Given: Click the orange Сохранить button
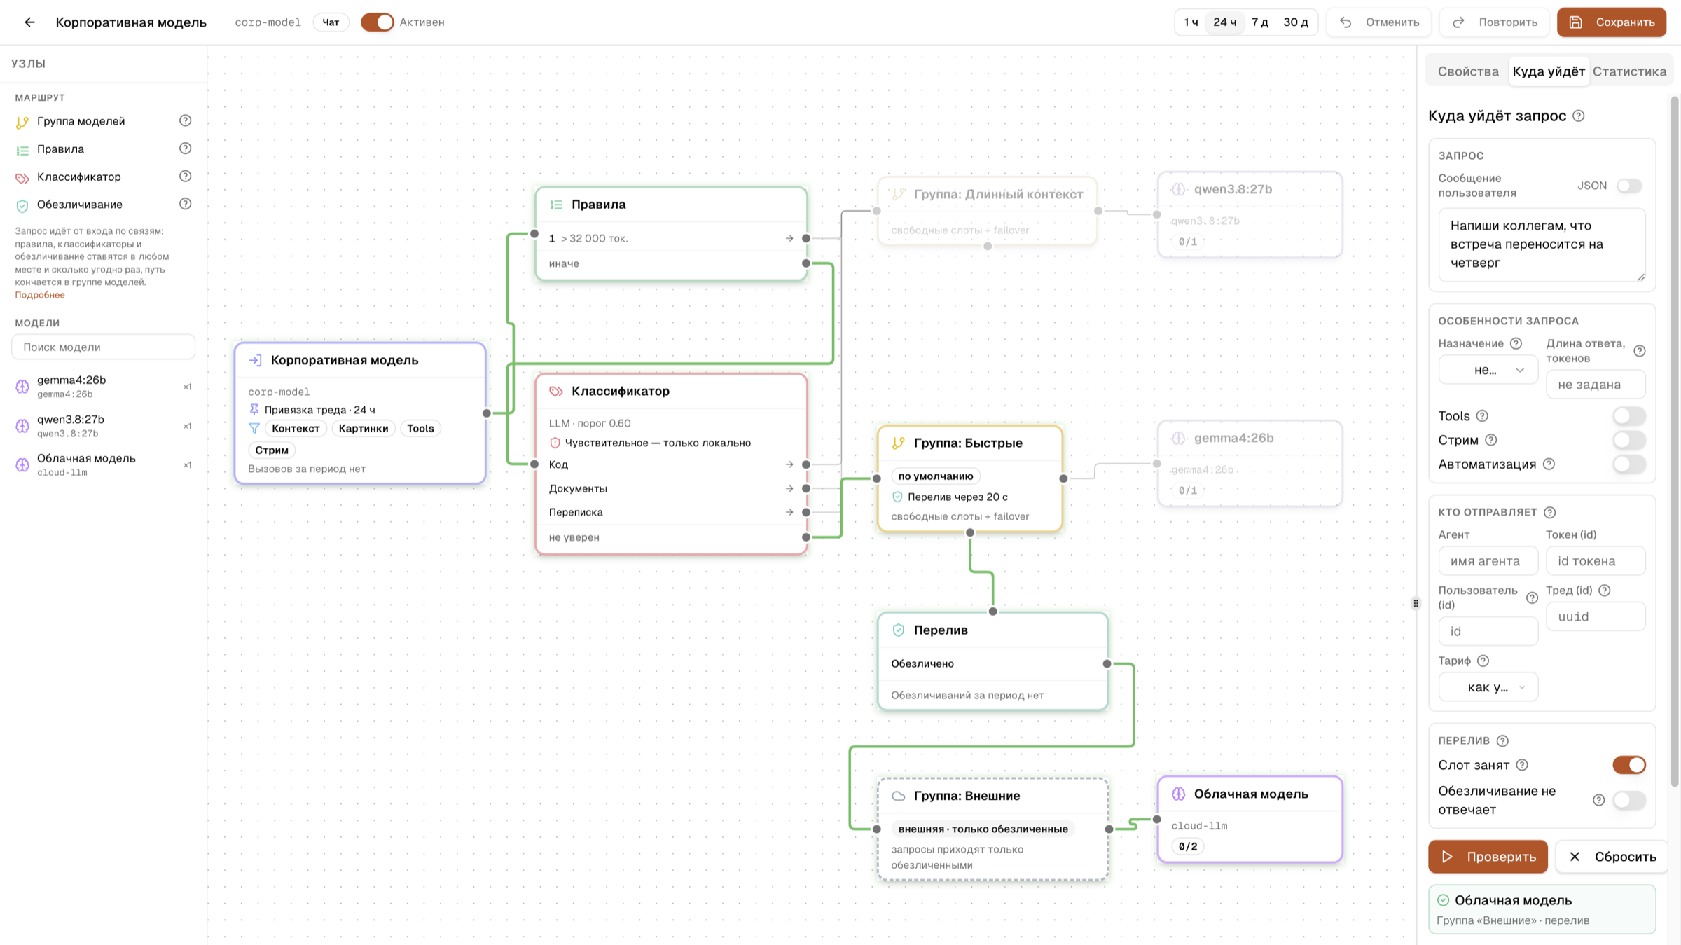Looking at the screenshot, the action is point(1611,22).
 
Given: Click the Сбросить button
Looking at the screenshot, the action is point(1612,856).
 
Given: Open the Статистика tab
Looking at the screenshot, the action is point(1629,71).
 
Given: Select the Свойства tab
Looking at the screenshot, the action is point(1468,71).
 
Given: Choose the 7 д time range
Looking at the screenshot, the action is point(1260,22).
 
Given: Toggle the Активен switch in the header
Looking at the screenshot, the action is point(377,22).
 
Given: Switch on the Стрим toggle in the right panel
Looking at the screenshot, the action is point(1628,440).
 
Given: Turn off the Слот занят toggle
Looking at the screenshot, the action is point(1628,765).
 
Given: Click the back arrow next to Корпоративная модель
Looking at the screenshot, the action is point(29,22).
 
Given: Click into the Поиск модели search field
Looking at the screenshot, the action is point(103,347).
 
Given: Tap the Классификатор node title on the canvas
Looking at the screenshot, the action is point(620,391).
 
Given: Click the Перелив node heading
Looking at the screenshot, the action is point(941,630).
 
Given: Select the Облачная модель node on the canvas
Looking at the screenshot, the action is point(1250,819).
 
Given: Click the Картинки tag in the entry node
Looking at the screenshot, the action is point(363,428).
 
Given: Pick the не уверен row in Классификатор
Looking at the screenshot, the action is point(671,537).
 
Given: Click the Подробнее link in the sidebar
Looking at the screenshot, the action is point(40,295).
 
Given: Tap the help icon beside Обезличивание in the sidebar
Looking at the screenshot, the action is point(185,204).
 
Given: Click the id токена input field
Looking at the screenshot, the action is point(1595,560).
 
